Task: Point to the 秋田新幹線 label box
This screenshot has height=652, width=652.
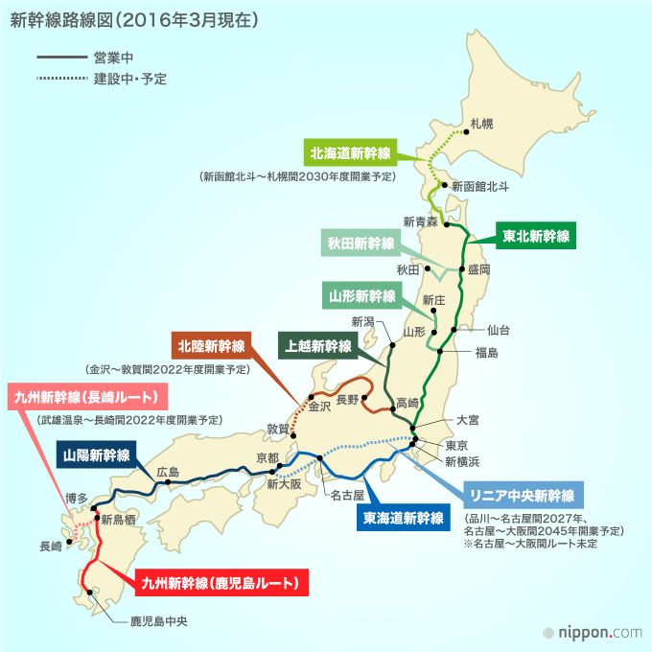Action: (x=361, y=244)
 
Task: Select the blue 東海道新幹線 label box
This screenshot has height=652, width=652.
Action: (x=403, y=519)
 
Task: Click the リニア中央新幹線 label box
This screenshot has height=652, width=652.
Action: (x=522, y=496)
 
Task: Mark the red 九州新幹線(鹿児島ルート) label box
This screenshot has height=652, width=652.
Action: (x=218, y=582)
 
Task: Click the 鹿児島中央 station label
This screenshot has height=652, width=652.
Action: (x=159, y=621)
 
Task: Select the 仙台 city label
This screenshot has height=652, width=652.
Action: (x=499, y=330)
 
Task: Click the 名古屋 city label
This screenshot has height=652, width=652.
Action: (x=347, y=497)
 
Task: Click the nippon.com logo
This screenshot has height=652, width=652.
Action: (x=592, y=632)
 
